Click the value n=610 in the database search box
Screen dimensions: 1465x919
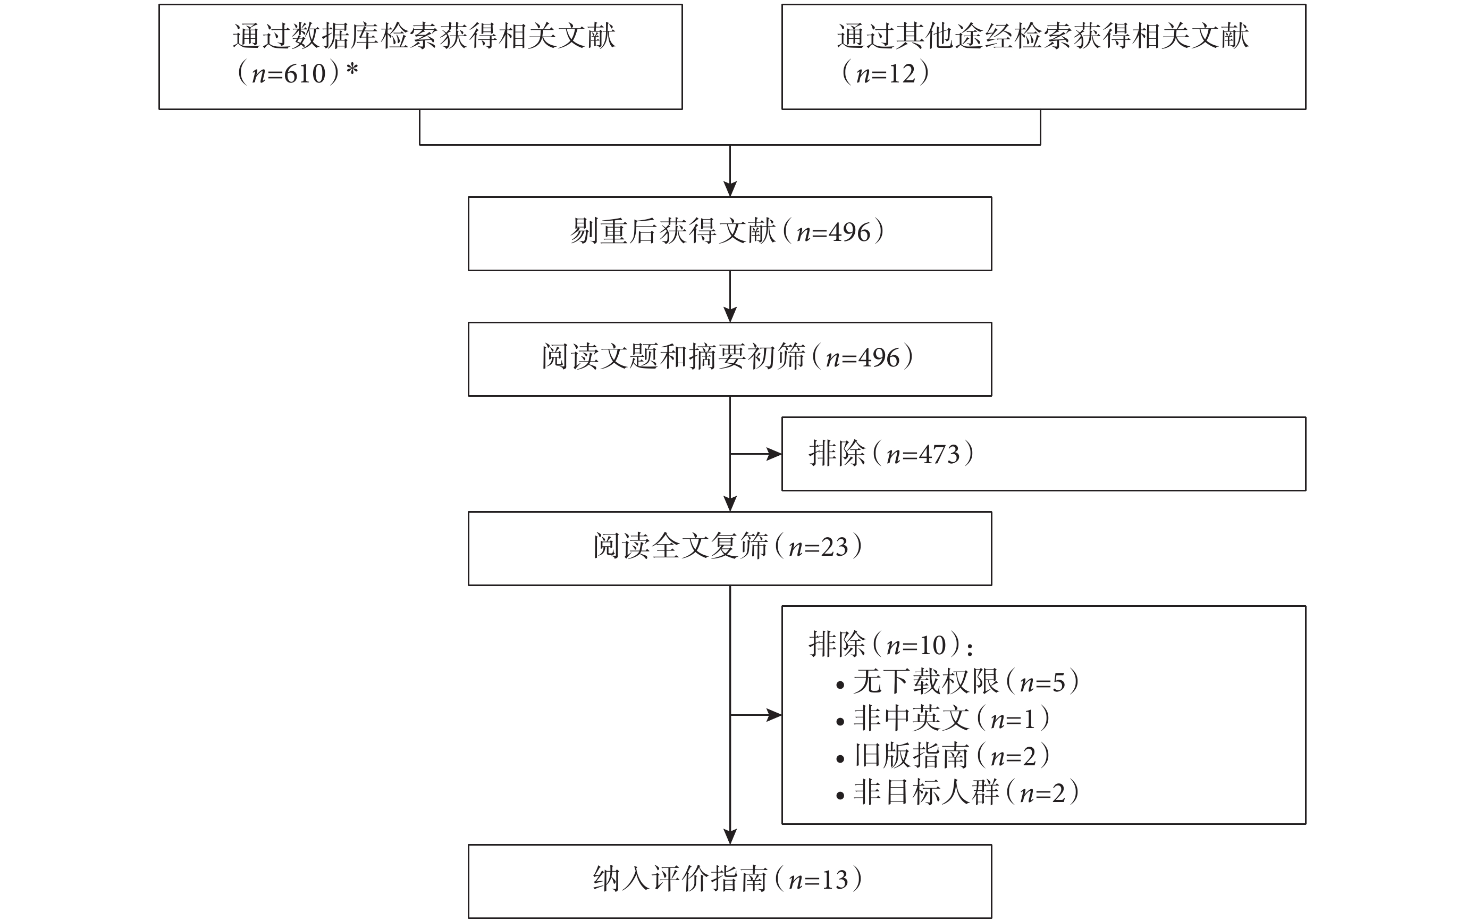click(x=289, y=73)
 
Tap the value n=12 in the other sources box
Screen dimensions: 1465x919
click(x=886, y=73)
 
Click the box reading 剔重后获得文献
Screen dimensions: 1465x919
click(x=729, y=233)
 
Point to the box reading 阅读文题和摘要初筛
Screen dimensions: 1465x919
click(x=729, y=359)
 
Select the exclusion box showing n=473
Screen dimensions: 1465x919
click(x=1043, y=454)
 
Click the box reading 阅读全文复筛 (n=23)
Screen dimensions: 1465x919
click(x=729, y=548)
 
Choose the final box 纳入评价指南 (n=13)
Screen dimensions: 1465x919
click(x=729, y=881)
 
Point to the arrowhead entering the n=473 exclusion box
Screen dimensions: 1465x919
click(x=774, y=454)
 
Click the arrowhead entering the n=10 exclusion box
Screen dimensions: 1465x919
click(x=774, y=715)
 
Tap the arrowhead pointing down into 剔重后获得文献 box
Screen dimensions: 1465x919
click(x=730, y=189)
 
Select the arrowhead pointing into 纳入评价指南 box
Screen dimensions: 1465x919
click(x=730, y=837)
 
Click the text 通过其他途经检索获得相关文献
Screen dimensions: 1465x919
click(x=1043, y=36)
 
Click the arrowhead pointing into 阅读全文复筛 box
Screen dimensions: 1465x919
click(x=730, y=504)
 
